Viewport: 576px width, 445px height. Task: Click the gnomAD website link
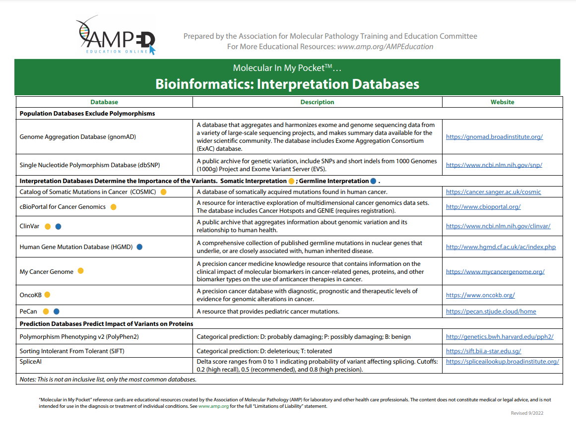point(494,136)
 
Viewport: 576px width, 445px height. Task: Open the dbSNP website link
point(494,165)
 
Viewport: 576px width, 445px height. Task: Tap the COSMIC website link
point(493,191)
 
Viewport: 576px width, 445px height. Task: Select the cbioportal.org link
point(483,206)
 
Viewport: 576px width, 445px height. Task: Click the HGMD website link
point(501,247)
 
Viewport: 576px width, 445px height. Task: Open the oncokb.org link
point(480,295)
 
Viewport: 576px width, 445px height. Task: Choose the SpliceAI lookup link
point(502,361)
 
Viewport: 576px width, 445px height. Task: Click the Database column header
point(104,102)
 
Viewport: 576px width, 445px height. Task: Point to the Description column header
point(317,102)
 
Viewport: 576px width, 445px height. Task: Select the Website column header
point(502,102)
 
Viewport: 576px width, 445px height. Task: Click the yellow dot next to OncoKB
point(48,295)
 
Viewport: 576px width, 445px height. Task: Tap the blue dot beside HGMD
point(139,247)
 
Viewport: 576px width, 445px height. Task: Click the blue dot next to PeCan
point(57,312)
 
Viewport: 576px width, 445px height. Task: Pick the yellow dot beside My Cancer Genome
point(81,271)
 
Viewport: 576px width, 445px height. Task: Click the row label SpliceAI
point(31,362)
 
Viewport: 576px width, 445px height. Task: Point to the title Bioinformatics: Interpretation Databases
point(287,84)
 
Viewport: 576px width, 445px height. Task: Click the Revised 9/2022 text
point(527,413)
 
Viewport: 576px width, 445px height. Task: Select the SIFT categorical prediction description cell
point(264,351)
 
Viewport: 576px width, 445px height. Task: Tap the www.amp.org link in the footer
point(213,406)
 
